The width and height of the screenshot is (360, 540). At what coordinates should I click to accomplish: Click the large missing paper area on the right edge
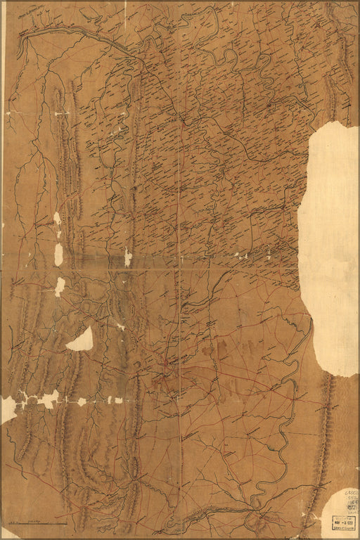pos(330,246)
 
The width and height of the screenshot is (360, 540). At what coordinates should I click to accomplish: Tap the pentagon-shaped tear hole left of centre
pos(80,339)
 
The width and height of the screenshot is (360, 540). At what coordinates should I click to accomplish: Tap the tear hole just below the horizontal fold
pos(60,285)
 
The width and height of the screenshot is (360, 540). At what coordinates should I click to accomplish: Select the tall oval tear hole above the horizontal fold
pos(58,253)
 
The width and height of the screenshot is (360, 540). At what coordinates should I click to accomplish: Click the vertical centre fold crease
pos(179,316)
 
